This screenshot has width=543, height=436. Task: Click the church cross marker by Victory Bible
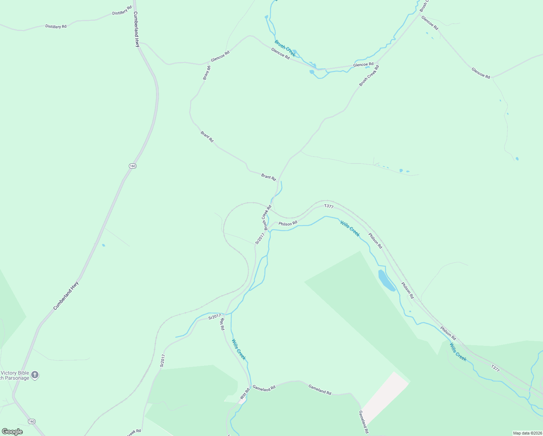click(x=35, y=375)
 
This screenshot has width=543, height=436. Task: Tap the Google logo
click(x=12, y=432)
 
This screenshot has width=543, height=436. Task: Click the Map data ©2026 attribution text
click(x=527, y=433)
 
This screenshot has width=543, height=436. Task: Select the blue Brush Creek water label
click(x=285, y=48)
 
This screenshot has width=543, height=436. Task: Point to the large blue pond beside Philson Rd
click(x=387, y=280)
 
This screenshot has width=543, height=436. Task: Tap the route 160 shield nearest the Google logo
click(x=32, y=421)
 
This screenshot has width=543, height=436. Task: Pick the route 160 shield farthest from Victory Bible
click(x=132, y=166)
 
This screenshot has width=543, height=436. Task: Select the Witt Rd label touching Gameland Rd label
click(x=245, y=394)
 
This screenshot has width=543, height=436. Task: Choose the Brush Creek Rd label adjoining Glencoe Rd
click(x=369, y=76)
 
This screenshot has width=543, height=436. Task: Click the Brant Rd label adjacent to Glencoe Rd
click(x=207, y=72)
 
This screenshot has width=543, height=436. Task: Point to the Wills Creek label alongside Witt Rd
click(x=239, y=350)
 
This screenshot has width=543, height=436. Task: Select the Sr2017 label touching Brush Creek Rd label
click(x=260, y=238)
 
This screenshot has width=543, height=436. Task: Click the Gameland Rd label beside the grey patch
click(x=364, y=422)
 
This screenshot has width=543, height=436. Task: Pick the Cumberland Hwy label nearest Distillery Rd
click(x=136, y=29)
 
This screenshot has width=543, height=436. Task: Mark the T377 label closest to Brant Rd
click(x=328, y=206)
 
